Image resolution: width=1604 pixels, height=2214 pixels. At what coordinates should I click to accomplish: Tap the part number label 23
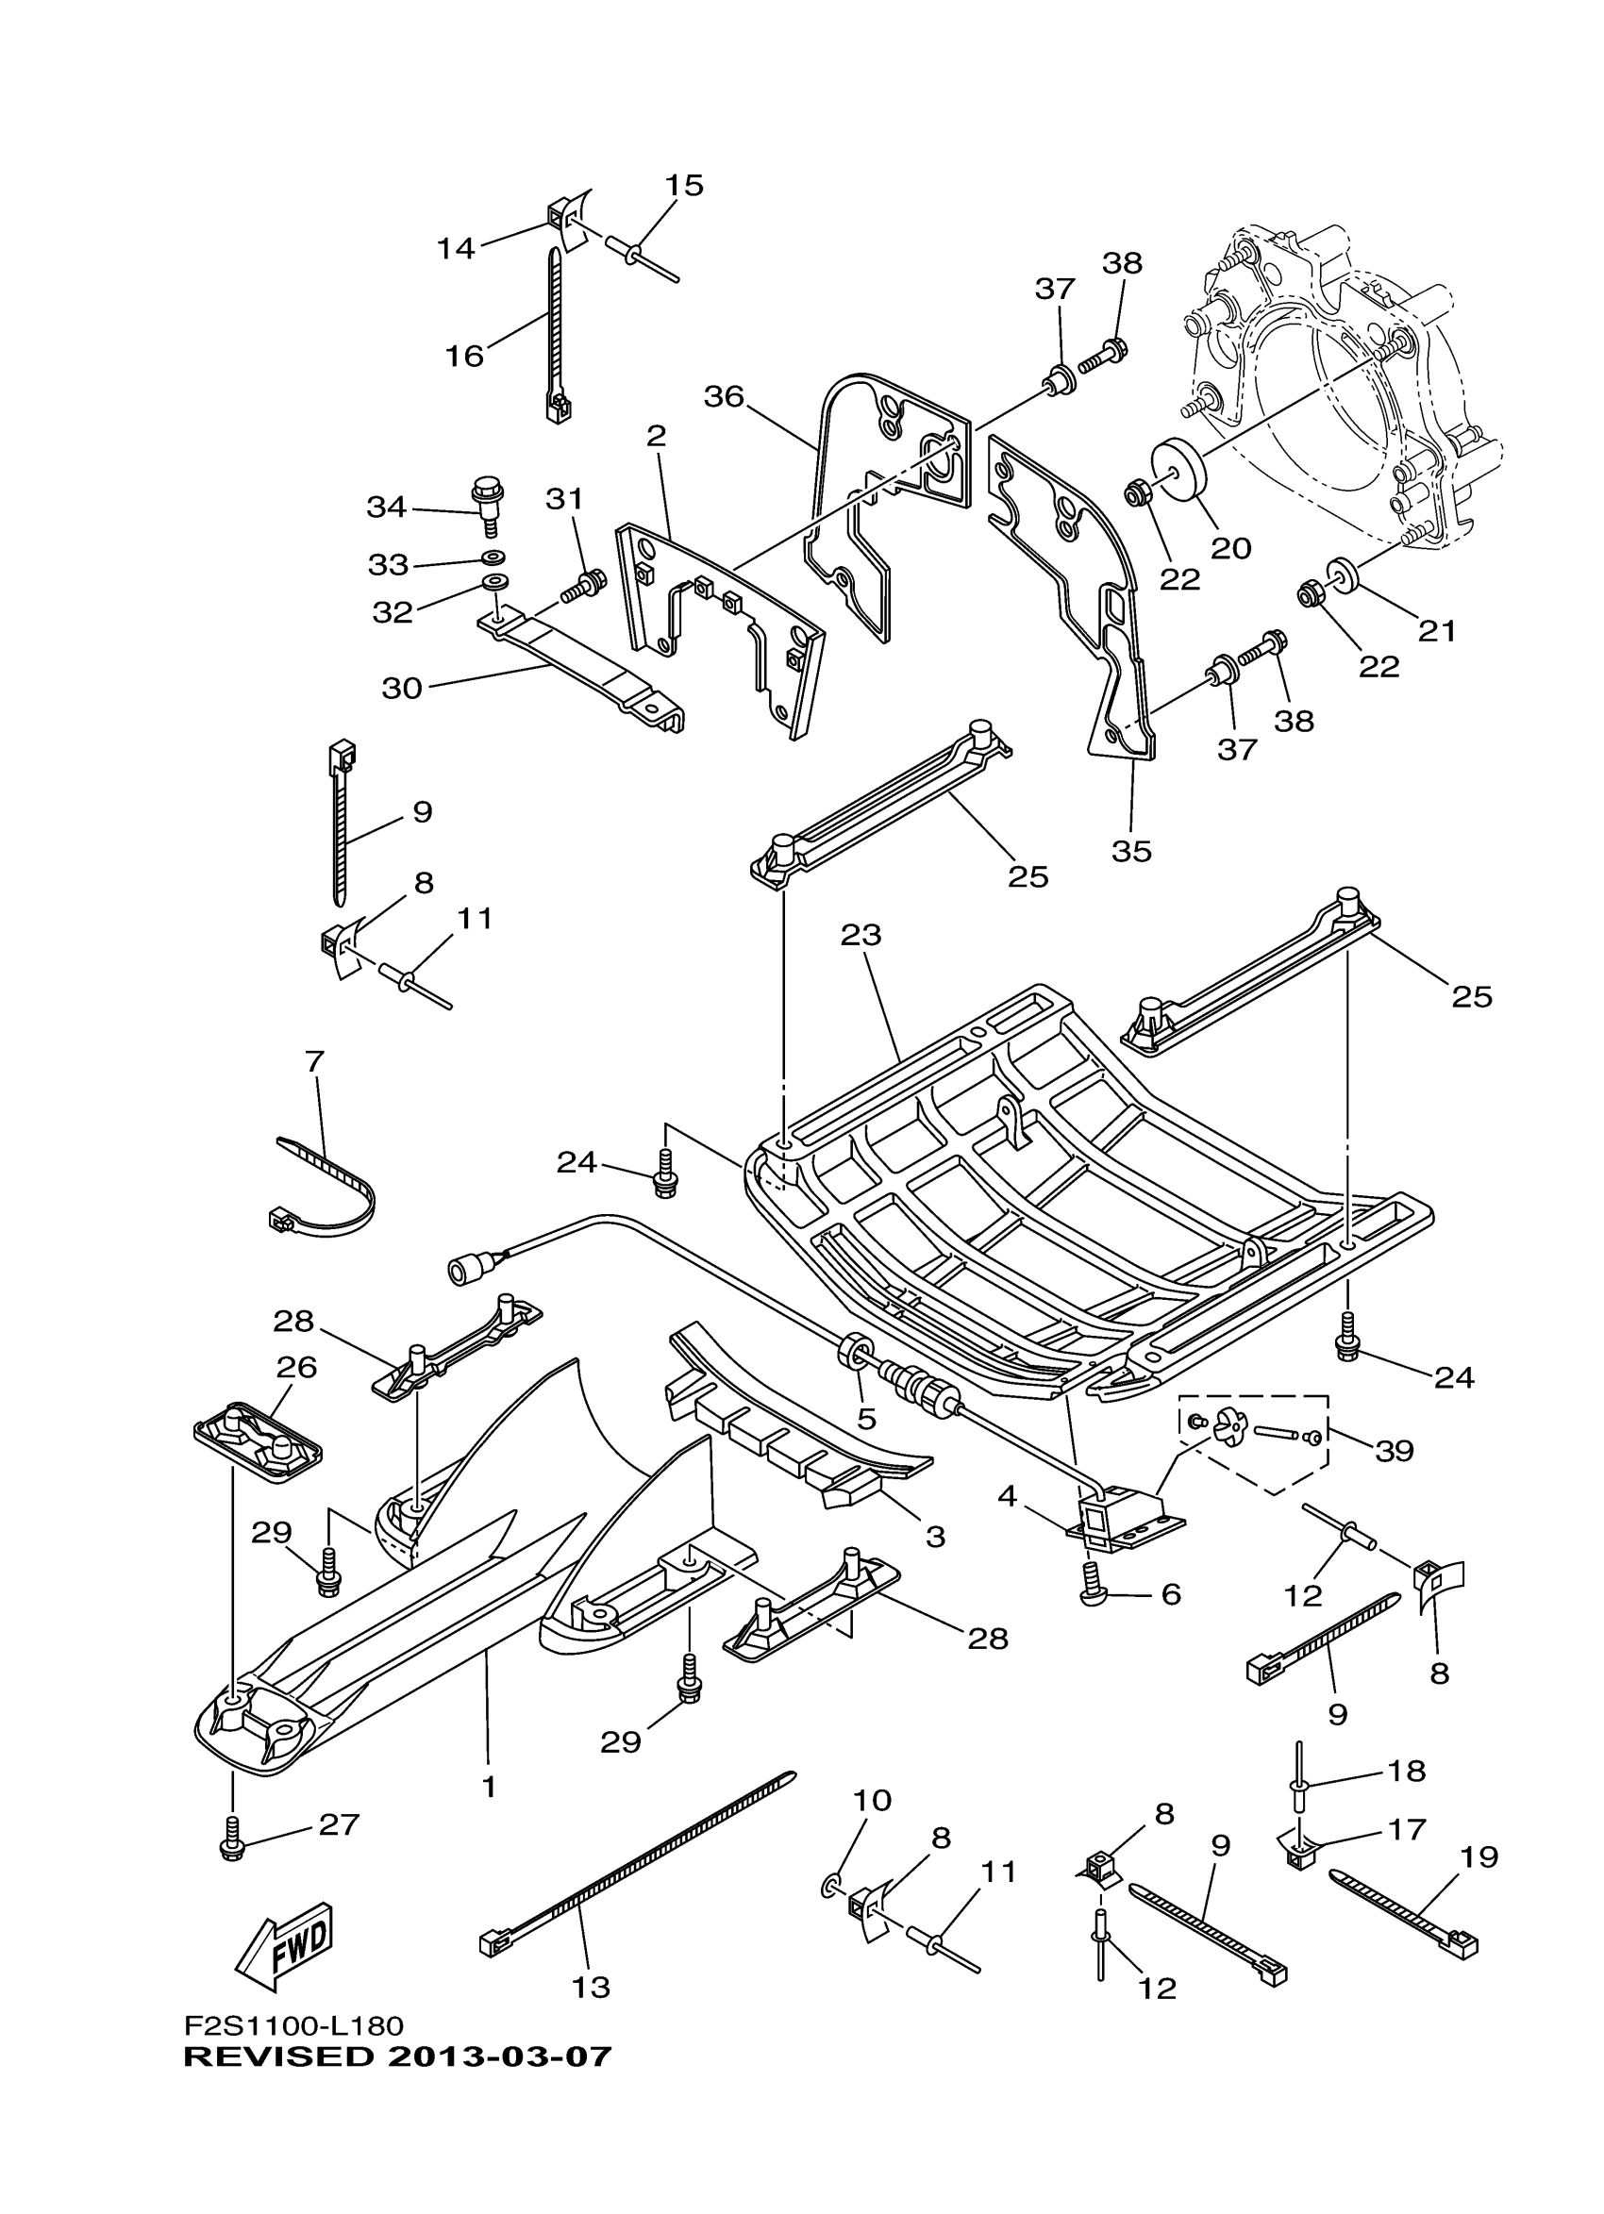861,935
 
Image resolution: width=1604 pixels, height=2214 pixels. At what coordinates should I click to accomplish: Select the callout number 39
1395,1451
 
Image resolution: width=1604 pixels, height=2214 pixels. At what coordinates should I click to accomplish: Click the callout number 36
724,397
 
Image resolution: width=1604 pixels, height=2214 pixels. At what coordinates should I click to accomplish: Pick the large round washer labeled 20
1178,470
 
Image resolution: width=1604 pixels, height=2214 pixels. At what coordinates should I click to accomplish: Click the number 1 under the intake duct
489,1787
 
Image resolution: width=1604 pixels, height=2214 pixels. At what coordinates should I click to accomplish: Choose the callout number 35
1131,851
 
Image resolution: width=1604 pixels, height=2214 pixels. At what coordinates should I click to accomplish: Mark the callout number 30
401,688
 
